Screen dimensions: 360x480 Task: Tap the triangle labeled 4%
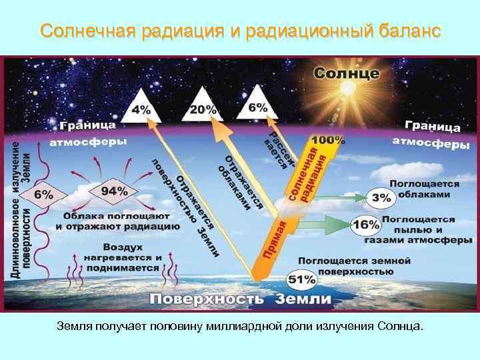[x=141, y=108]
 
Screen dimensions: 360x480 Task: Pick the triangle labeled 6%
[x=258, y=106]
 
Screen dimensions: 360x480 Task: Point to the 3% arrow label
[x=381, y=197]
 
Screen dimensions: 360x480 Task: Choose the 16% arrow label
[x=365, y=225]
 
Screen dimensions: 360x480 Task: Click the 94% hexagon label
[x=114, y=191]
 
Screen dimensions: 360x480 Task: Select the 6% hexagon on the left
[x=43, y=195]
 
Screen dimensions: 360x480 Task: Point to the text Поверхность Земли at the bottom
[x=240, y=299]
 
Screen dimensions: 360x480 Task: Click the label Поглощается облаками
[x=424, y=189]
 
